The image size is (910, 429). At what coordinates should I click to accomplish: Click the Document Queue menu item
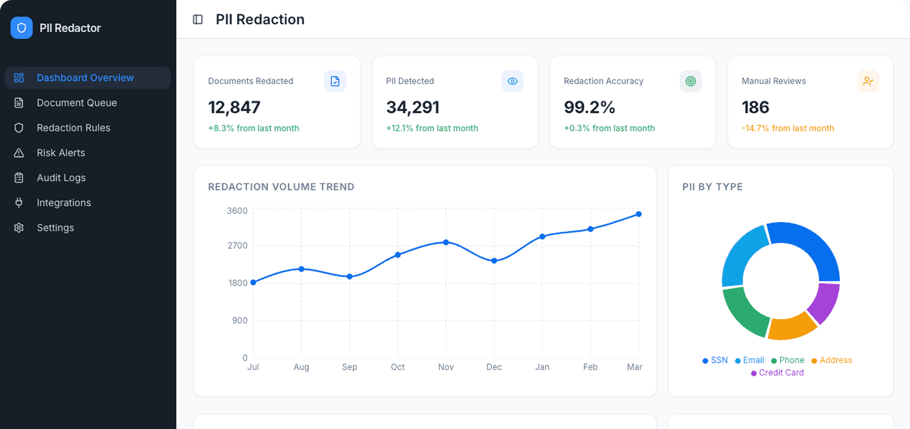tap(76, 103)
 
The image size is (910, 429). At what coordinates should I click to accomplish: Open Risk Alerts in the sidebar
tap(61, 153)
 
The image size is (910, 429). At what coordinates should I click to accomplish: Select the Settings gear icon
tap(19, 228)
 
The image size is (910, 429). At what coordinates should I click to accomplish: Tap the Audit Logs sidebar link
tap(61, 178)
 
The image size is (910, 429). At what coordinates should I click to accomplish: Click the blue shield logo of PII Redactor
tap(22, 28)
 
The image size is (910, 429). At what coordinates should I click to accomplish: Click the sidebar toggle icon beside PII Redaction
tap(198, 20)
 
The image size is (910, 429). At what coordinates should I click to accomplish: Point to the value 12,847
tap(234, 107)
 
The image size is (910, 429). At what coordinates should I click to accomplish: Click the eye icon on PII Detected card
tap(512, 81)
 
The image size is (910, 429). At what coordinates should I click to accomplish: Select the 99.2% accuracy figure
tap(589, 107)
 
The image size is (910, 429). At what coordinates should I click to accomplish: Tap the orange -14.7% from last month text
tap(788, 128)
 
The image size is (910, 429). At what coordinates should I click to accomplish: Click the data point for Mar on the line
tap(638, 214)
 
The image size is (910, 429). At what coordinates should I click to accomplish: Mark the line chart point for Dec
tap(494, 261)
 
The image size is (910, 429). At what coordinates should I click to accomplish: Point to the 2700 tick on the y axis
tap(237, 245)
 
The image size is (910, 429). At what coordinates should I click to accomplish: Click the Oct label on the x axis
tap(397, 367)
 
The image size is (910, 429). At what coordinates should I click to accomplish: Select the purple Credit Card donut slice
tap(824, 303)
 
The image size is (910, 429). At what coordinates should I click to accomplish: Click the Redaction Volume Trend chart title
tap(281, 187)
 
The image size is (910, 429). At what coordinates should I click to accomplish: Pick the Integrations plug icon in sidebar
tap(19, 203)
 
